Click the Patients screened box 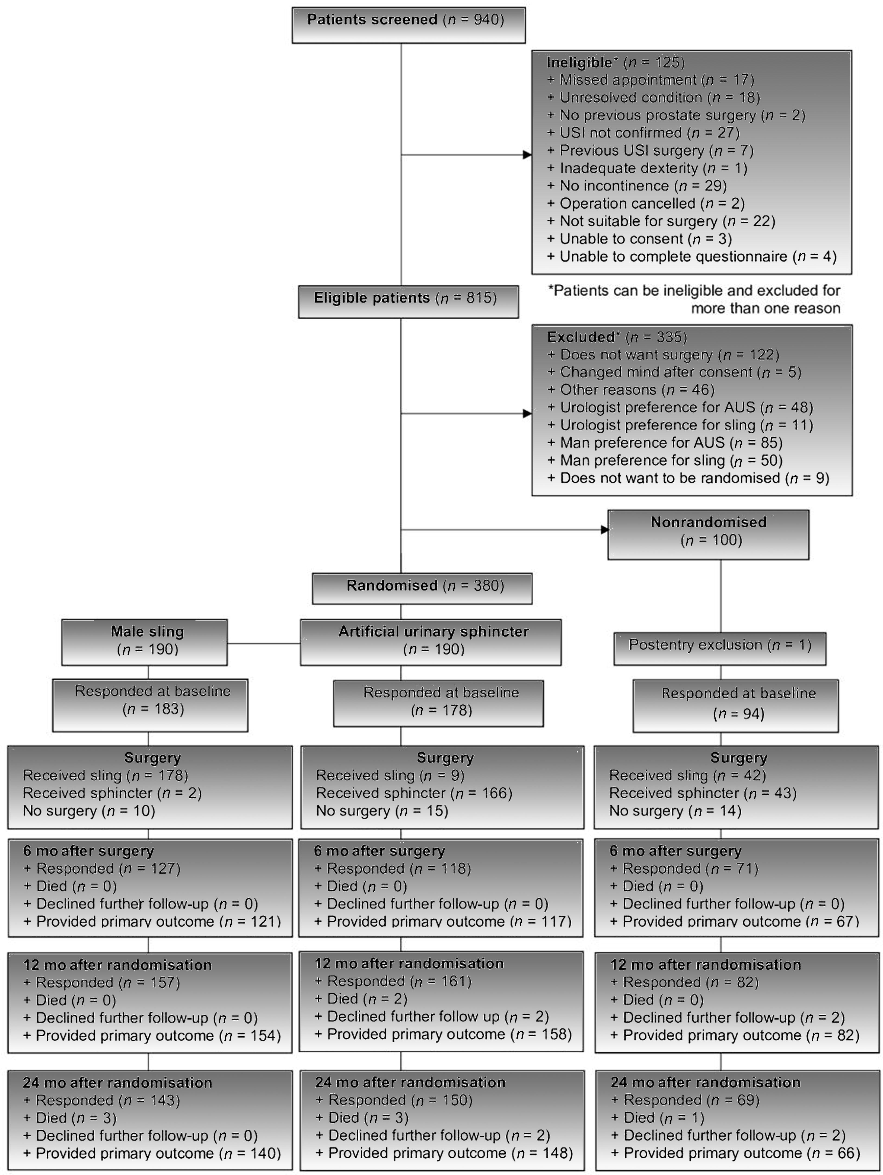(409, 25)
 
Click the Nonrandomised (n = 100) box (708, 535)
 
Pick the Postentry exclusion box (720, 649)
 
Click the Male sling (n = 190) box (145, 642)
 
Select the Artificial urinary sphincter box (430, 642)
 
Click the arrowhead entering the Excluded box (528, 413)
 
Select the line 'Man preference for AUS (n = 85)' (665, 442)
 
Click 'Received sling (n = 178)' (105, 776)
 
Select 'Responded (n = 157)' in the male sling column (101, 983)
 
